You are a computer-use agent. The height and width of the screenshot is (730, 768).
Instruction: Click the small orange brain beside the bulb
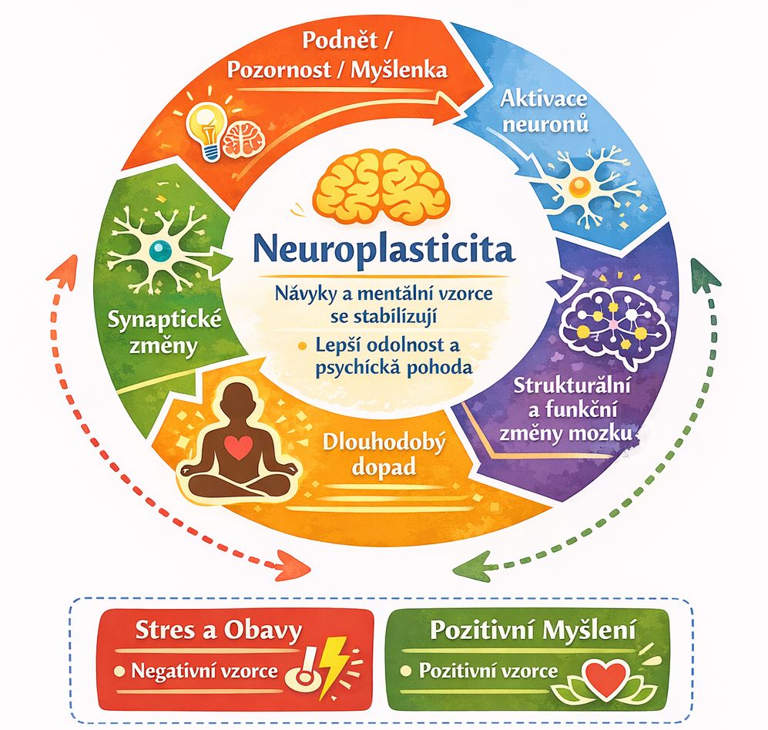tap(243, 136)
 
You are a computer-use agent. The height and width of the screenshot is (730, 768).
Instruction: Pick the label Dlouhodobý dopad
tap(372, 455)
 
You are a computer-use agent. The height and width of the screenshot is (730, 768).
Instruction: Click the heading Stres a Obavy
tap(217, 631)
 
